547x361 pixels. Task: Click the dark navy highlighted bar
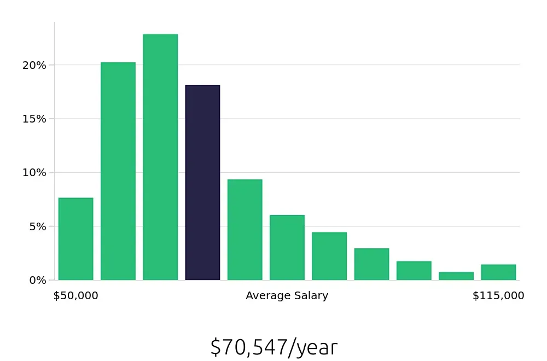(x=202, y=183)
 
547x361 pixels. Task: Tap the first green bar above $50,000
(x=75, y=239)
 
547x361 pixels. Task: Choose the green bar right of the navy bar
(x=245, y=230)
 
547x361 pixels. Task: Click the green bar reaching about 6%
(x=287, y=247)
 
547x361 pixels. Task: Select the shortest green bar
(x=456, y=276)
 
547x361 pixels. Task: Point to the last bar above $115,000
(x=498, y=272)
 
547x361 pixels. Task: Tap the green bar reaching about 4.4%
(x=329, y=256)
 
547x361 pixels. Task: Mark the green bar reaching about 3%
(x=371, y=264)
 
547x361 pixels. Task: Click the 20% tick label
(x=34, y=66)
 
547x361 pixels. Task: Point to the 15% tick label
(x=34, y=119)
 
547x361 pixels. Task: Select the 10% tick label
(x=34, y=173)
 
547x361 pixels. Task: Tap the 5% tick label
(x=37, y=226)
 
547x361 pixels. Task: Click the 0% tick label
(x=37, y=280)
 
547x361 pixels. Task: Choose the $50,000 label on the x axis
(x=75, y=296)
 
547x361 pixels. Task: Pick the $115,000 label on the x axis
(x=498, y=296)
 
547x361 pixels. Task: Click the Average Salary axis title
(x=287, y=296)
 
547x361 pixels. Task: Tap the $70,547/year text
(x=273, y=347)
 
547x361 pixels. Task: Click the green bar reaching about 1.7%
(x=414, y=271)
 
